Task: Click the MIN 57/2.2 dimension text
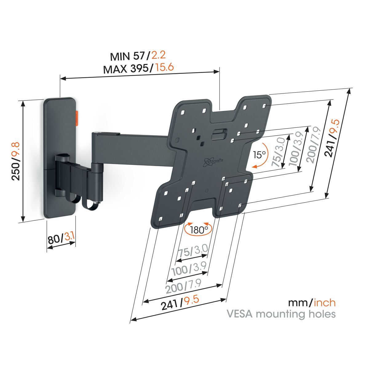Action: pyautogui.click(x=138, y=56)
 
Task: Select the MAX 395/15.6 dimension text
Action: pyautogui.click(x=138, y=68)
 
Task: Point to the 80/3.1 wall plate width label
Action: pyautogui.click(x=61, y=239)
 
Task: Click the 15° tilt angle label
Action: pyautogui.click(x=259, y=155)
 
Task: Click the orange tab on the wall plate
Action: pyautogui.click(x=77, y=118)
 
